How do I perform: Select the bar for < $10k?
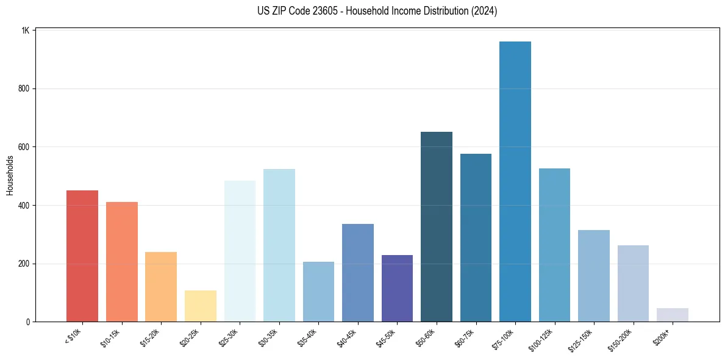coord(82,256)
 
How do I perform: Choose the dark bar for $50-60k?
coord(436,226)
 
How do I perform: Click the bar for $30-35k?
coord(279,245)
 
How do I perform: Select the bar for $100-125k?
coord(554,245)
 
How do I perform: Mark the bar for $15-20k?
coord(160,286)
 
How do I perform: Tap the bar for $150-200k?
coord(633,283)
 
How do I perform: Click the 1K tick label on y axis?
coord(26,30)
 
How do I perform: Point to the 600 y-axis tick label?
coord(24,147)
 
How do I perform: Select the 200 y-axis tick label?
coord(24,264)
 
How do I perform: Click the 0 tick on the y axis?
coord(28,322)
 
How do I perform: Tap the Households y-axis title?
coord(10,175)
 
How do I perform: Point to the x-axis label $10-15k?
coord(110,337)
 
